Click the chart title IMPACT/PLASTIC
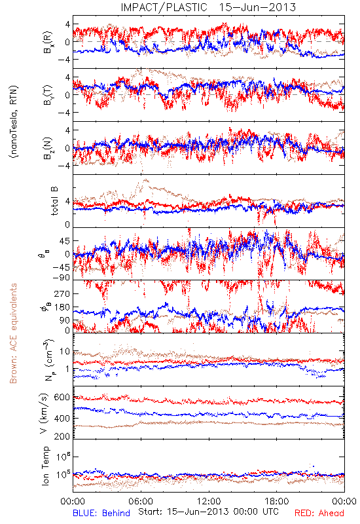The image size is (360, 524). coord(164,7)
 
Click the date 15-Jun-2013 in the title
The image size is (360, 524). coord(257,7)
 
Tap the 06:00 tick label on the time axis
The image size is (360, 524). coord(141,501)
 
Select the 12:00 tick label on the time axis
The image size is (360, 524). coord(209,501)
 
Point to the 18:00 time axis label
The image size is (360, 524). coord(277,501)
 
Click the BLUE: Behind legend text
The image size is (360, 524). coord(101,513)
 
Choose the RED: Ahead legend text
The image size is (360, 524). coord(319,513)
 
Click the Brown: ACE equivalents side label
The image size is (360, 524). coord(13,333)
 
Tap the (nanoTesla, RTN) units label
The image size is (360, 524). coord(14,121)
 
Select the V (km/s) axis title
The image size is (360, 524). coord(44,413)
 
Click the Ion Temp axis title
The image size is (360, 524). coord(45,466)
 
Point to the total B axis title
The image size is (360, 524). coord(54,200)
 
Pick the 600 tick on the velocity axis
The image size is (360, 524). coord(62,398)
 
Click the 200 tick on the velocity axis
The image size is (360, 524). coord(62,436)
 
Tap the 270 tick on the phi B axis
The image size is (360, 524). coord(62,293)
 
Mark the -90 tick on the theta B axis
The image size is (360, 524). coord(61,278)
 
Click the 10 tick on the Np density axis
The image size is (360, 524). coord(65,351)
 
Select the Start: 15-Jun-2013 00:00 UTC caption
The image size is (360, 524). coord(209,512)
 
